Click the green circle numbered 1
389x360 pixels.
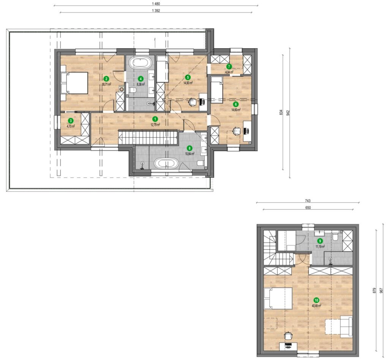(155, 119)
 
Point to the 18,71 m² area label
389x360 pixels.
(106, 84)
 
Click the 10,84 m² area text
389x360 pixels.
(190, 153)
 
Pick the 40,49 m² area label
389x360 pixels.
(316, 306)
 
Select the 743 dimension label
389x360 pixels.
(308, 201)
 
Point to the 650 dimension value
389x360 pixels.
(308, 208)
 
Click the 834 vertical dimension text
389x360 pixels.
(281, 112)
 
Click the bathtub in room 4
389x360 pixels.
(140, 63)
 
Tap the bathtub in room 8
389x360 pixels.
(166, 164)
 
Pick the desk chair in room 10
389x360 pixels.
(288, 336)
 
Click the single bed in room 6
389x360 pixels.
(217, 90)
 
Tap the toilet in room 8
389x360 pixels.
(201, 163)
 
